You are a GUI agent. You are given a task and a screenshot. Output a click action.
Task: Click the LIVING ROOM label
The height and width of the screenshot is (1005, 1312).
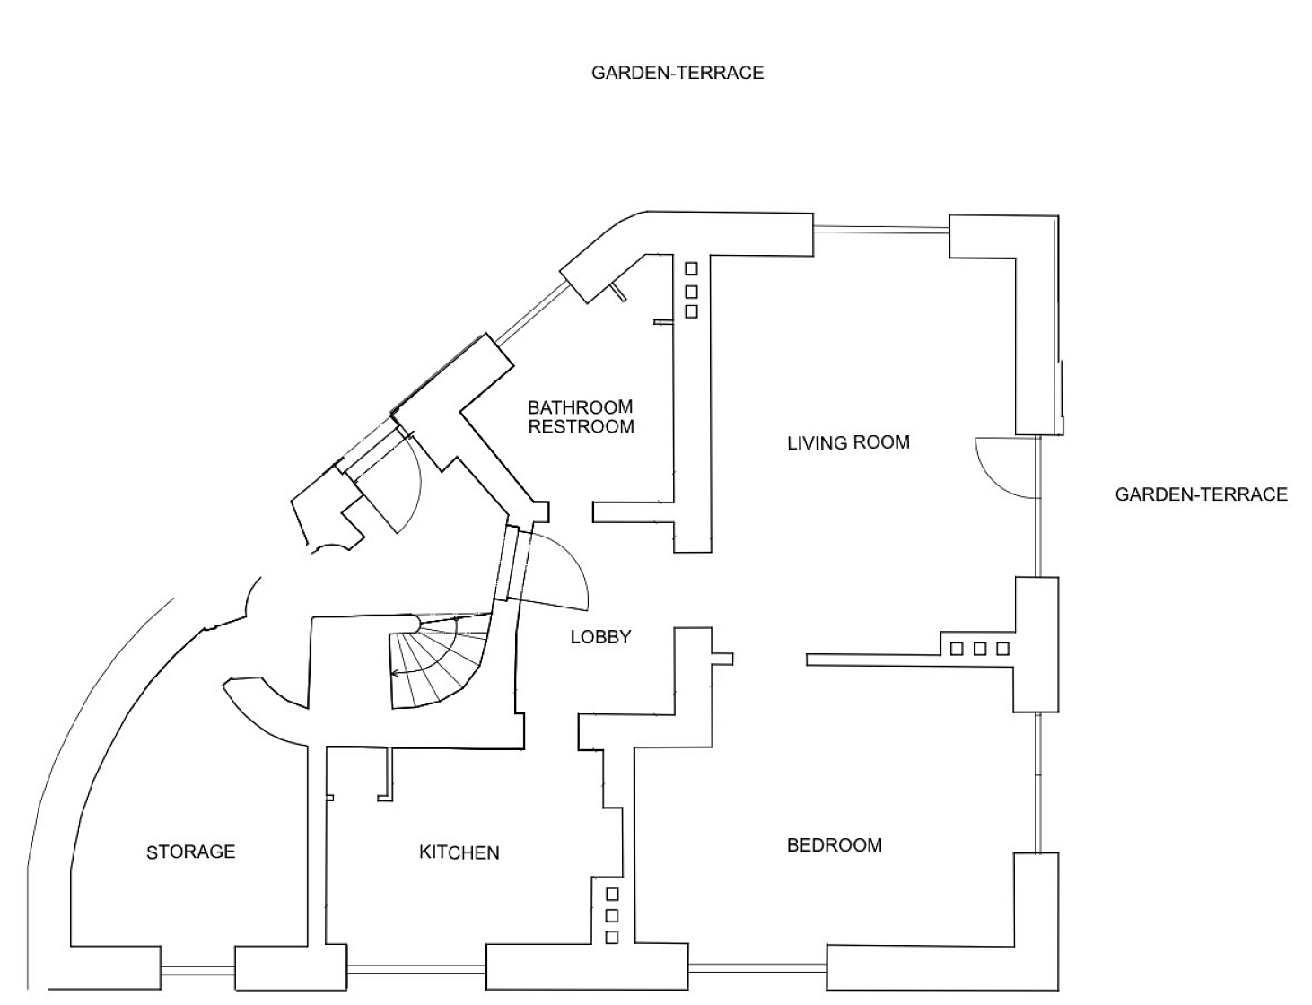tap(848, 442)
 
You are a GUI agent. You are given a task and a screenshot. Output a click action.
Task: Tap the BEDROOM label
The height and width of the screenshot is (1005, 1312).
tap(835, 845)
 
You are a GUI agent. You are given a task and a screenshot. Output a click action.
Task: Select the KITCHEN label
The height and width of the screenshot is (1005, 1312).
tap(459, 852)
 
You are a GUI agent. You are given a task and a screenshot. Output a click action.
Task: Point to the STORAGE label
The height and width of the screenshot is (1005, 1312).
tap(191, 852)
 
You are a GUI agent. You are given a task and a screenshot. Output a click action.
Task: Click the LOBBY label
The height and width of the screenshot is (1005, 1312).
tap(600, 637)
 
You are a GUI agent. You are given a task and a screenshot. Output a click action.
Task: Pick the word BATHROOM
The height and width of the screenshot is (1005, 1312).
tap(581, 406)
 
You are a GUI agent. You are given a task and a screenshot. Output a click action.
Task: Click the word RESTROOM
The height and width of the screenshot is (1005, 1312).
tap(581, 427)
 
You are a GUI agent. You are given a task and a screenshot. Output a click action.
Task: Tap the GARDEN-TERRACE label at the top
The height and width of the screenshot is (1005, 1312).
tap(678, 73)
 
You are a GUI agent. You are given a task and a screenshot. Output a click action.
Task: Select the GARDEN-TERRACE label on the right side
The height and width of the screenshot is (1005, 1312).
tap(1201, 494)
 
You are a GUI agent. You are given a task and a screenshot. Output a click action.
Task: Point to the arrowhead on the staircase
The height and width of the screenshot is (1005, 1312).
tap(396, 672)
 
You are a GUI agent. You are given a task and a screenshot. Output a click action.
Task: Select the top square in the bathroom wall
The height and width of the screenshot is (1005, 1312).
tap(691, 268)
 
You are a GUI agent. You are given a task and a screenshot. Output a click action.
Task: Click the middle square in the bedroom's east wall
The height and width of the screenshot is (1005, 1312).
tap(980, 649)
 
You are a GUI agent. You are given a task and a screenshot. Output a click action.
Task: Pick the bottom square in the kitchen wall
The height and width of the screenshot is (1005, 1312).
tap(612, 938)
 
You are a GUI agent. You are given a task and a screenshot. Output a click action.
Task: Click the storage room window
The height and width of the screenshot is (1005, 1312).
tap(197, 971)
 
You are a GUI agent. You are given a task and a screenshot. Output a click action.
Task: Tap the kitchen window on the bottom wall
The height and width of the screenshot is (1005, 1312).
tap(416, 969)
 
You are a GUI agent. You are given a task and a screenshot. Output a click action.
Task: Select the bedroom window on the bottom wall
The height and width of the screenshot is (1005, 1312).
tap(757, 968)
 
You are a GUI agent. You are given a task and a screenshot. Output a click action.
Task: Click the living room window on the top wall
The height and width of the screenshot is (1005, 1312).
tap(881, 229)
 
